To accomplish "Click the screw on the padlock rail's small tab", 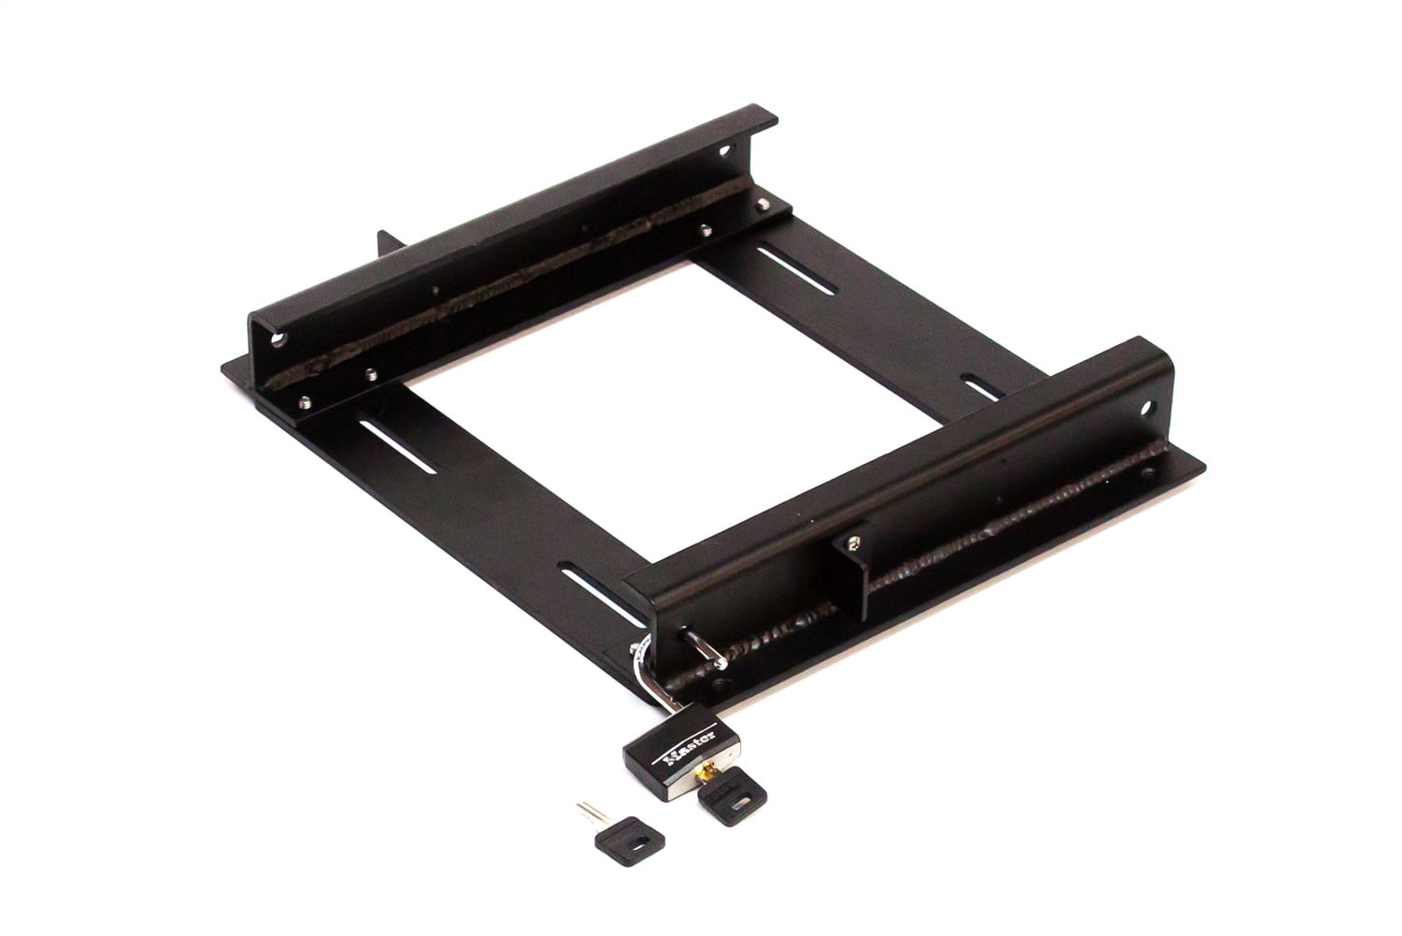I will click(x=854, y=540).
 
